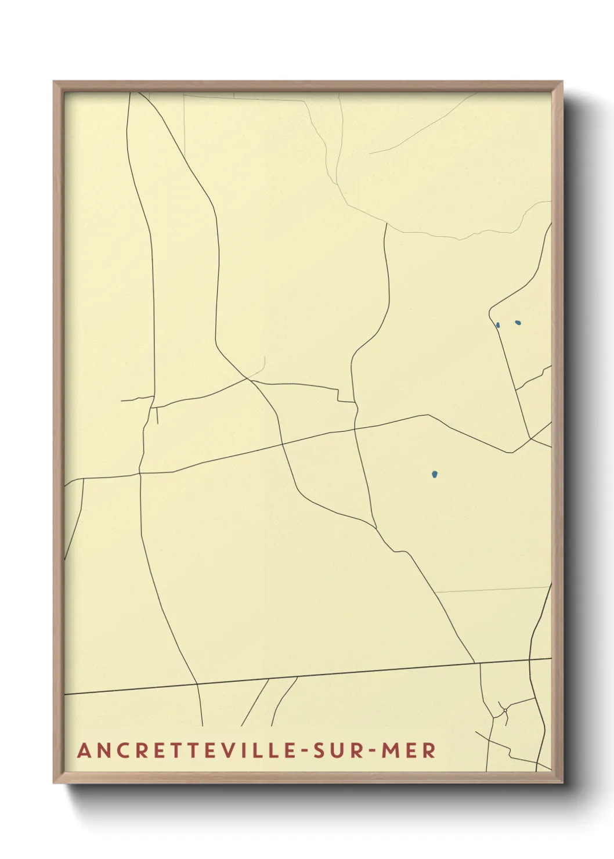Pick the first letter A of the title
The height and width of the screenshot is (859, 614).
pos(84,750)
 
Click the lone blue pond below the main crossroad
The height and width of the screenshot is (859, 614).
pos(435,474)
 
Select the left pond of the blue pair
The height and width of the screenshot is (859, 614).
pos(498,325)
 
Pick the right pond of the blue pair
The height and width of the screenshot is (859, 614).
pos(518,323)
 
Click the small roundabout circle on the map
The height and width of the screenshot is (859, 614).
pos(505,710)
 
